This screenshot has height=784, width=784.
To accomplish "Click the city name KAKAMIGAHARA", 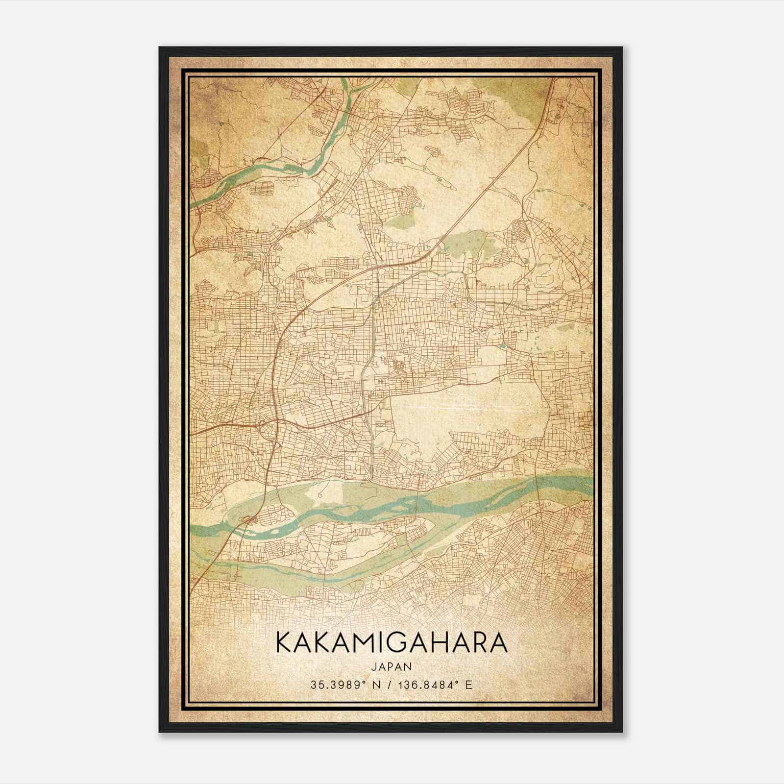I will tap(391, 643).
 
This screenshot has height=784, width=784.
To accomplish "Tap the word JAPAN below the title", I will tap(391, 666).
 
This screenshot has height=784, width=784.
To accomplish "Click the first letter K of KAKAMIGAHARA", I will tap(284, 643).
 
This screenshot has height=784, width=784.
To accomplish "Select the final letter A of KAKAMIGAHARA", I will tap(498, 643).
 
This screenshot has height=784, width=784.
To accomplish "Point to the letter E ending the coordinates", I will tap(469, 685).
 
